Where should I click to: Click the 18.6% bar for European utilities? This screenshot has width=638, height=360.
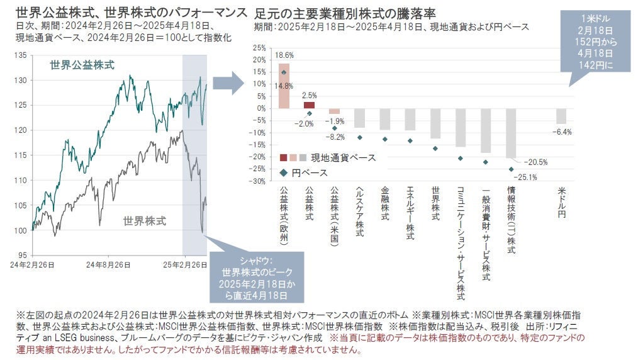(284, 86)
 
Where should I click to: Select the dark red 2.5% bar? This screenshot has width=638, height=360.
(309, 105)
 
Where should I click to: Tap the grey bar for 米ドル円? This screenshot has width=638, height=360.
(561, 116)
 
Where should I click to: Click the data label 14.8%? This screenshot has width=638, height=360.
(284, 86)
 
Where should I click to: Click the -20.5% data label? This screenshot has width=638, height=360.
(535, 162)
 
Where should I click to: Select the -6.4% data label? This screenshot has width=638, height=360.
(561, 132)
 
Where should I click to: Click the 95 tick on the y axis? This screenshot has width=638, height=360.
(21, 255)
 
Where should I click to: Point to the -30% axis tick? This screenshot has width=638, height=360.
(259, 181)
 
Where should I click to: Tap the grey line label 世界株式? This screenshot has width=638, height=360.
(145, 221)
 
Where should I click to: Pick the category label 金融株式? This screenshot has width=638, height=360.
(385, 202)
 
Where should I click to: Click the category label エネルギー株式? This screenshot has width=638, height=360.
(410, 213)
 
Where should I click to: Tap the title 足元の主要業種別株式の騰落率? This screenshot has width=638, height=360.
(345, 13)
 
